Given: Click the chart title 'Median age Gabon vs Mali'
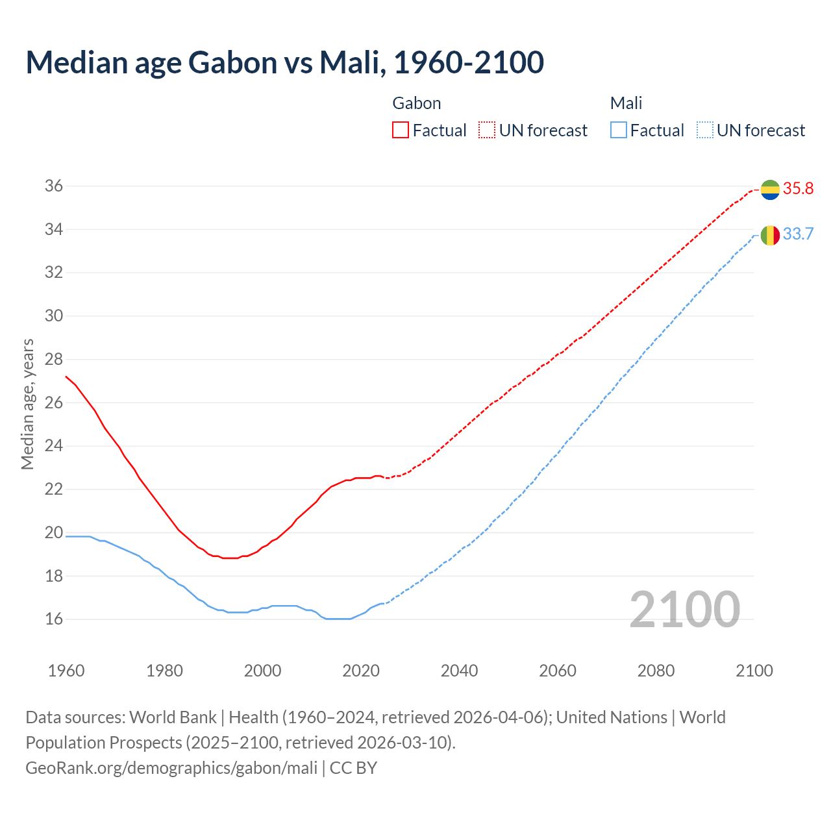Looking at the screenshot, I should (284, 62).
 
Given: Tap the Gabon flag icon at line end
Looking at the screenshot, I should (770, 190).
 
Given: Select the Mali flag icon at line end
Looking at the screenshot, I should (770, 235).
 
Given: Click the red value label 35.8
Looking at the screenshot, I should (798, 189).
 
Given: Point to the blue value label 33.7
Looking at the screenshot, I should (798, 234).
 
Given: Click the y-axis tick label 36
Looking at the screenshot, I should (53, 186).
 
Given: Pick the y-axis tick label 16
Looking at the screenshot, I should (53, 619).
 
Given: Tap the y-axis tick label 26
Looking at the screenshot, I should (53, 403).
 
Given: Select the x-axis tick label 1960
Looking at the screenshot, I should (66, 671).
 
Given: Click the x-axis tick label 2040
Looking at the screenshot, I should (459, 671).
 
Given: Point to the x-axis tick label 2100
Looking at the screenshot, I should (754, 671).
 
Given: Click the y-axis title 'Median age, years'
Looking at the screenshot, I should (27, 404).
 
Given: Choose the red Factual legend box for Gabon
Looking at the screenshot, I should (401, 130).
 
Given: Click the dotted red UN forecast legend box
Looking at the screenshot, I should (487, 130).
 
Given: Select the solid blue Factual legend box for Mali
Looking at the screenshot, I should (619, 130).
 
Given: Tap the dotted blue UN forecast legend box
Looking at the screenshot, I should (705, 130).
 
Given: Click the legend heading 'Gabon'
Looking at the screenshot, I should (417, 103).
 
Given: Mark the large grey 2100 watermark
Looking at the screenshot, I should (684, 609).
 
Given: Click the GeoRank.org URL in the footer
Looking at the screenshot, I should (171, 768).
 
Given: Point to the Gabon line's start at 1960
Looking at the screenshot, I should (66, 377).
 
